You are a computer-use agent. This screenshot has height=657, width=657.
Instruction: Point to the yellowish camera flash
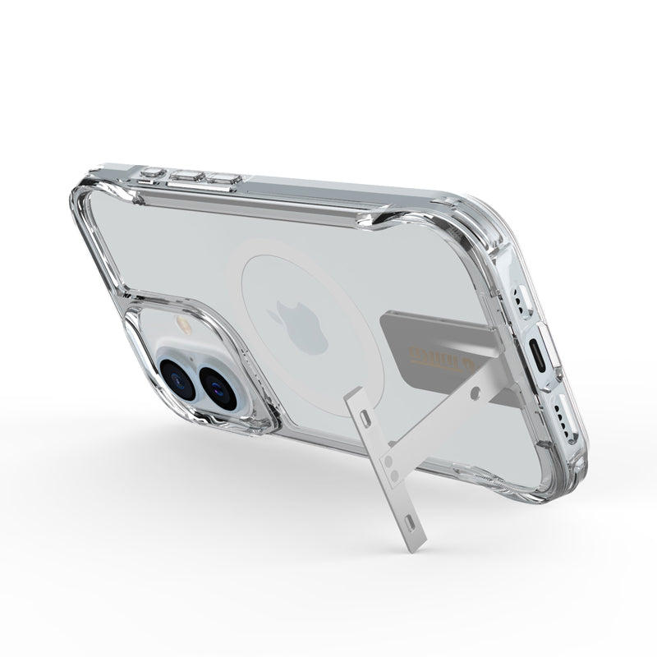tap(185, 325)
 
